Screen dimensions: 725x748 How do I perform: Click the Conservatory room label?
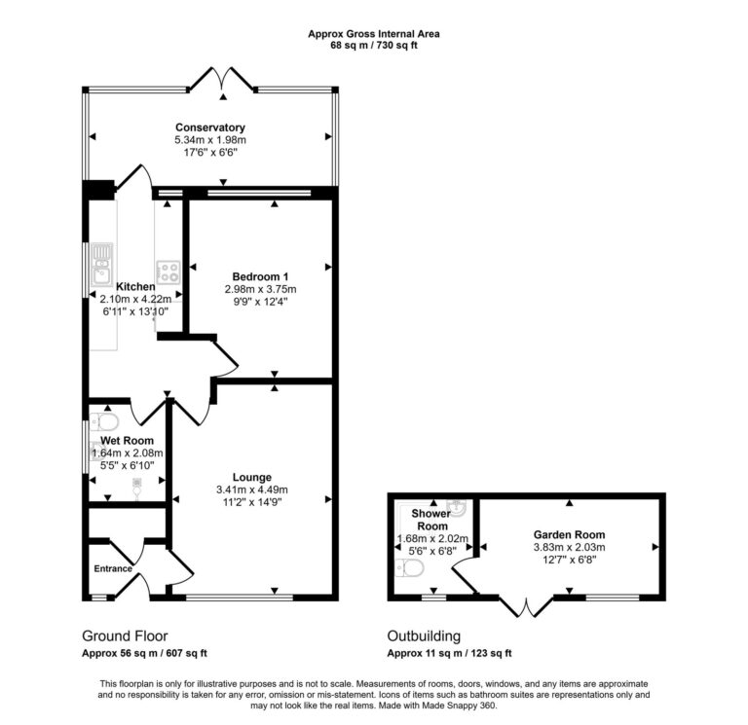209,127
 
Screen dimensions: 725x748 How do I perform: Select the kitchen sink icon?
101,262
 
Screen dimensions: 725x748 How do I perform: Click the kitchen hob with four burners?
168,271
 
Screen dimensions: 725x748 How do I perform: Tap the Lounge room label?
251,477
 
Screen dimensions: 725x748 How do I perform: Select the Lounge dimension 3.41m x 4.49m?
251,489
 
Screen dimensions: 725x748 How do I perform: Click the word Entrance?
113,568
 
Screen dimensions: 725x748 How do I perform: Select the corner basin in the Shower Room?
460,508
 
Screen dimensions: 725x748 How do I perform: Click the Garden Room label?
569,534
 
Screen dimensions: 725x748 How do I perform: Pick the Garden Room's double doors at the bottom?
527,606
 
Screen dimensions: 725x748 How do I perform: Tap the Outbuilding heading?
426,636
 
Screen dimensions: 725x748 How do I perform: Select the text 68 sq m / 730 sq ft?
374,45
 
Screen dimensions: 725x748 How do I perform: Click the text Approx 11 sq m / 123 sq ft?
449,653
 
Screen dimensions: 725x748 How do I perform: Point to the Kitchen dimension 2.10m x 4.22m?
135,299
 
